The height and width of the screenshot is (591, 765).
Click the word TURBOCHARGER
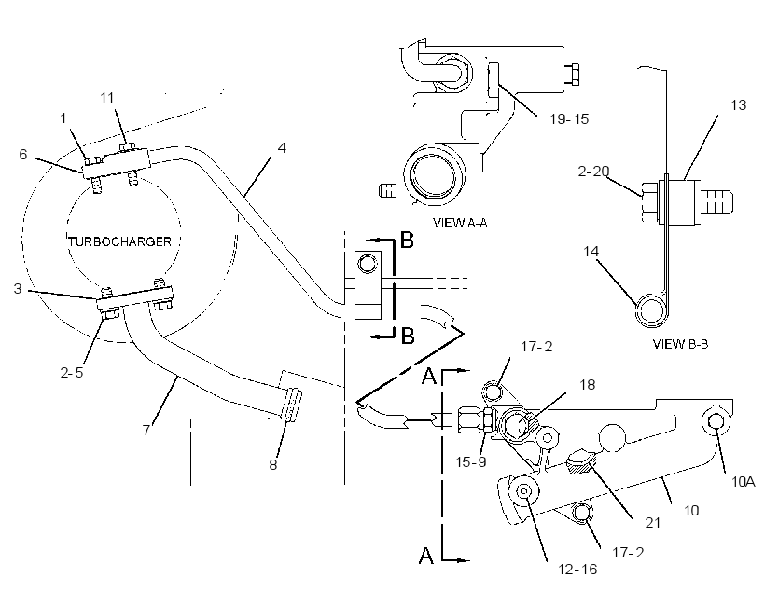coord(120,241)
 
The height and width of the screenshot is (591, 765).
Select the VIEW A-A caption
coord(460,223)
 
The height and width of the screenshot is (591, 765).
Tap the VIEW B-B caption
coord(680,344)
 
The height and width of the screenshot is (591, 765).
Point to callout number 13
coord(738,104)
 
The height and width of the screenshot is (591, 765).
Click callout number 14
coord(591,251)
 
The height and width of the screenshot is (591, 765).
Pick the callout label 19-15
coord(569,118)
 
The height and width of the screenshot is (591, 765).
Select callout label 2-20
coord(593,172)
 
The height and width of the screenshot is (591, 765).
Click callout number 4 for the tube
coord(282,147)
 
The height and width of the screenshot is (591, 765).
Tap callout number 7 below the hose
coord(146,430)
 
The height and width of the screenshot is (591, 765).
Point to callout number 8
coord(273,464)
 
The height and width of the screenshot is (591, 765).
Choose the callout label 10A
coord(743,482)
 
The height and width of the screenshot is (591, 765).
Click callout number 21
coord(653,523)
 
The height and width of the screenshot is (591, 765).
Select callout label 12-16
coord(577,569)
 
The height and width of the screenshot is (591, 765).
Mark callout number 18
coord(588,385)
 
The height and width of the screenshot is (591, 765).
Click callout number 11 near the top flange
coord(107,98)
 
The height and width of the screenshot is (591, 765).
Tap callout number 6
coord(23,154)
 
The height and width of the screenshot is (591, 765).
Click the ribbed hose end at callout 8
coord(291,405)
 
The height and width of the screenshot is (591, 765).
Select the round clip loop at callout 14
coord(651,309)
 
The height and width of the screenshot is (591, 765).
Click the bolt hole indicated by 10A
coord(715,421)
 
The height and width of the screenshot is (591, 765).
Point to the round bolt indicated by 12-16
coord(524,491)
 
